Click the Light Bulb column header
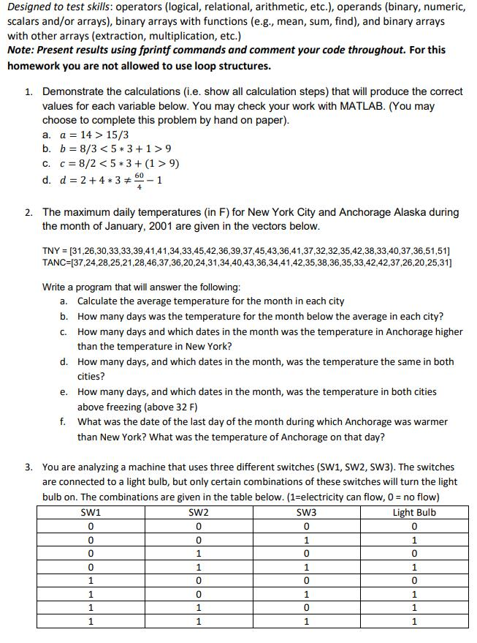click(414, 512)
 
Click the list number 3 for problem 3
click(27, 467)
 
